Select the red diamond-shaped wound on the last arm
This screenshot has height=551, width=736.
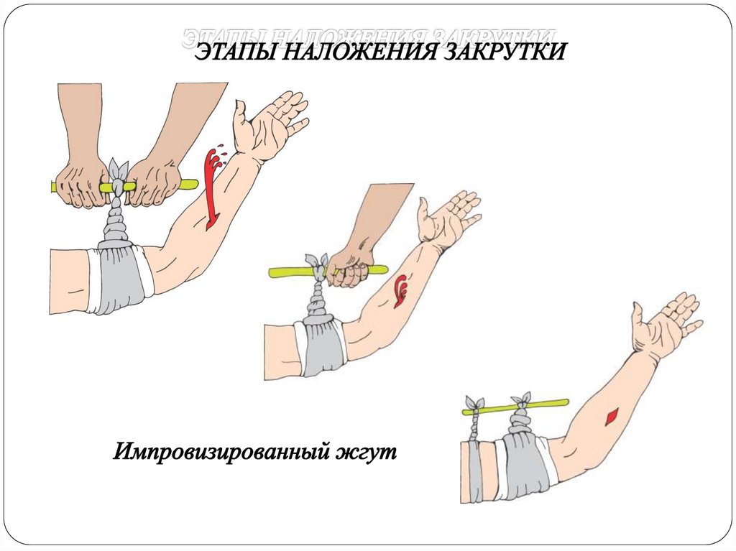[x=612, y=416]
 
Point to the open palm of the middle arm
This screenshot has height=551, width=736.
[x=448, y=217]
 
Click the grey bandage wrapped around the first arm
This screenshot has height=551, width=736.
[x=117, y=277]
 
